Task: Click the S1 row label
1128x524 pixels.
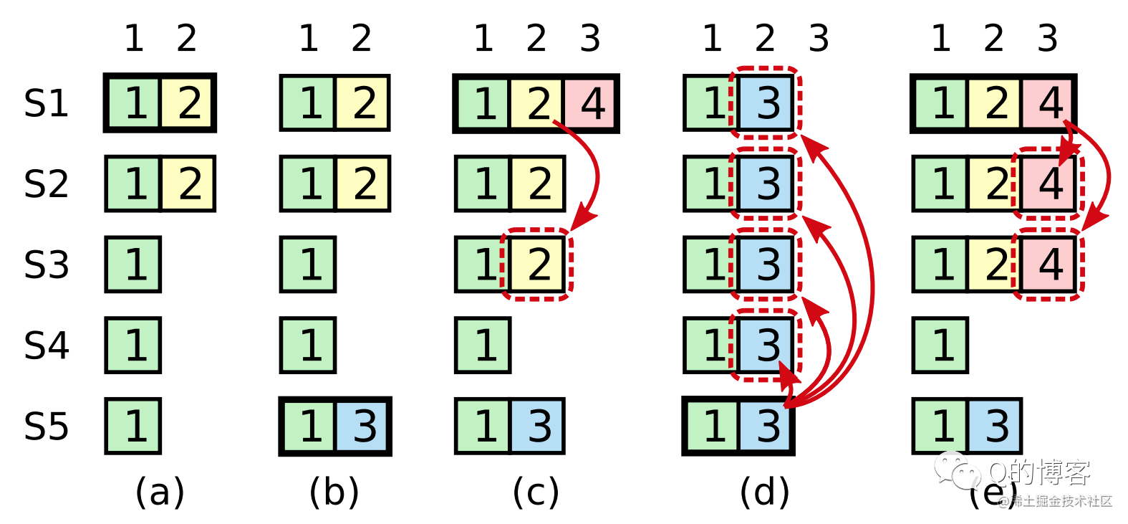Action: pyautogui.click(x=46, y=103)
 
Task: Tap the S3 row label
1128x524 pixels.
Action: pyautogui.click(x=46, y=265)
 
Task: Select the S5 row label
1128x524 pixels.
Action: pyautogui.click(x=46, y=427)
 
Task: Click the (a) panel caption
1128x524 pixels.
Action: pyautogui.click(x=160, y=492)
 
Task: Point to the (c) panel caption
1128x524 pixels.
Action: pyautogui.click(x=536, y=492)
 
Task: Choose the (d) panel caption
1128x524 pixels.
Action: pyautogui.click(x=764, y=492)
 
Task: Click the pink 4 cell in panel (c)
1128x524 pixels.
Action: pyautogui.click(x=591, y=103)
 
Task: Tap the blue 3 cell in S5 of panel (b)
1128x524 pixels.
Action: pyautogui.click(x=363, y=427)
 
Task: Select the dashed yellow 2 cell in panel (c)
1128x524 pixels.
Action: pyautogui.click(x=539, y=265)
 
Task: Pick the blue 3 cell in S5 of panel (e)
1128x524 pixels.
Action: pyautogui.click(x=995, y=427)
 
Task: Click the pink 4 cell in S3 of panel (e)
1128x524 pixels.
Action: pyautogui.click(x=1049, y=265)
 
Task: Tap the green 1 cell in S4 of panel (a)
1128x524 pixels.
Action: pyautogui.click(x=133, y=346)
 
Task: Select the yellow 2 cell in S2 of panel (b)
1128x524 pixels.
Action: pyautogui.click(x=363, y=184)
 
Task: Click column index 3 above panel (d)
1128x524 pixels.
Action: pyautogui.click(x=819, y=38)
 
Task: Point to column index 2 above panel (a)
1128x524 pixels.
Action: pyautogui.click(x=186, y=38)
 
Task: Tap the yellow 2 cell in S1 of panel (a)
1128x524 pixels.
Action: pyautogui.click(x=188, y=103)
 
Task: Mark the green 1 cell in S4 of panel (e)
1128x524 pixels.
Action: pyautogui.click(x=940, y=346)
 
